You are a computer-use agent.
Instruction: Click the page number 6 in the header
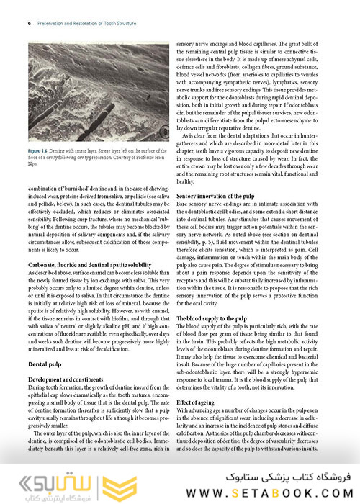28,22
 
